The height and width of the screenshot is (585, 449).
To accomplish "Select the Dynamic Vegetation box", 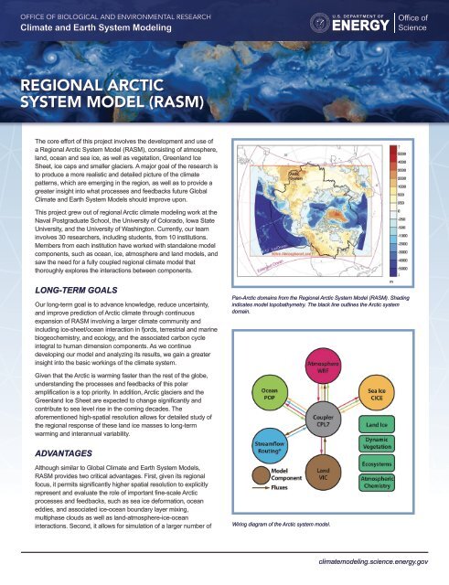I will [x=378, y=446].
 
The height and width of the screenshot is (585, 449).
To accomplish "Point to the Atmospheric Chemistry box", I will [x=378, y=485].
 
